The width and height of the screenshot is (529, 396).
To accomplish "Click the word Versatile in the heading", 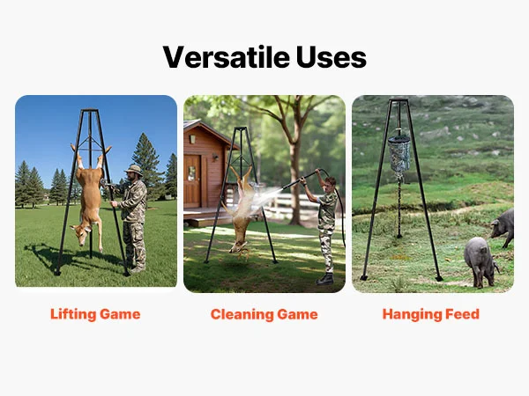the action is [x=226, y=57].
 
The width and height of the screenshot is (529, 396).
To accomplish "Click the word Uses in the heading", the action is [x=332, y=57].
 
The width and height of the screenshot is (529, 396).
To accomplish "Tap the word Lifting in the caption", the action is [x=73, y=314].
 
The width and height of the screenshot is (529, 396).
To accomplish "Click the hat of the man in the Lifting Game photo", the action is [x=134, y=169].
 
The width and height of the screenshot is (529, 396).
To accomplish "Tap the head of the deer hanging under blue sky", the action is [x=80, y=234].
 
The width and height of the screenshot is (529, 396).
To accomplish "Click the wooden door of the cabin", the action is [x=192, y=181].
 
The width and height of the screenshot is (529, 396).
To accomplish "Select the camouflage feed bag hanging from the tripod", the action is [x=399, y=153].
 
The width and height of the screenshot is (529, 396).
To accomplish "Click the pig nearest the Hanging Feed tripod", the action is [x=481, y=261].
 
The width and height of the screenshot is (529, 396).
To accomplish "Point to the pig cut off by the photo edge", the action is [x=503, y=227].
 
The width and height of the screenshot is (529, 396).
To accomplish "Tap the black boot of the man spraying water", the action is [x=325, y=279].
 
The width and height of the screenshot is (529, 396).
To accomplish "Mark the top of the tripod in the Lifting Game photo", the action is [x=90, y=110].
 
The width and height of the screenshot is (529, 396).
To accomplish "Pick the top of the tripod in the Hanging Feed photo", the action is [x=399, y=100].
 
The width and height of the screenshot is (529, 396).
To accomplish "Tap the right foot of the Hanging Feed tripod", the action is [x=438, y=278].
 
